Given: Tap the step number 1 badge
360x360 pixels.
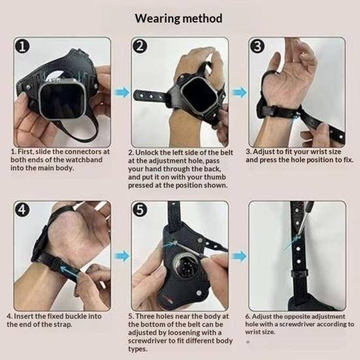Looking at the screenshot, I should tap(22, 47).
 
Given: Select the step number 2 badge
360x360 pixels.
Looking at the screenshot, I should tap(139, 46).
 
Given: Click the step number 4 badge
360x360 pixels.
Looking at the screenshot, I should tap(22, 210).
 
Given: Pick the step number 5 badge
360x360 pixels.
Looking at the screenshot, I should tap(140, 210).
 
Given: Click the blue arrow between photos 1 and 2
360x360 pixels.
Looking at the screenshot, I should tap(122, 93).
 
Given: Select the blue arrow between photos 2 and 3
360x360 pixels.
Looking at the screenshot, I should tap(239, 93).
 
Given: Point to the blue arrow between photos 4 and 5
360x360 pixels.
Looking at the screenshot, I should tap(122, 256).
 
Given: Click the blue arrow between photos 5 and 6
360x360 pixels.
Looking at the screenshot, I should tap(239, 256).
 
